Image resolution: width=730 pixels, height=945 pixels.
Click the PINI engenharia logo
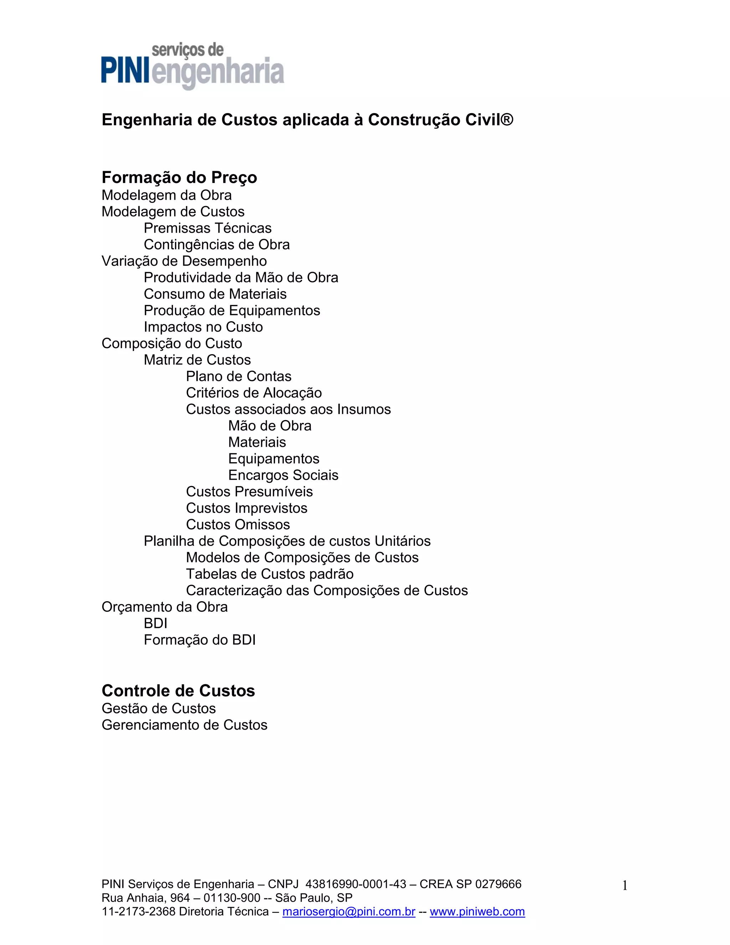[x=192, y=67]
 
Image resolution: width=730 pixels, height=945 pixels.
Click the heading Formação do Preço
[x=179, y=177]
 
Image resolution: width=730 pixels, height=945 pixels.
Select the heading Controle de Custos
[x=178, y=691]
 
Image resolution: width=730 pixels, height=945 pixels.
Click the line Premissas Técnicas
[x=207, y=228]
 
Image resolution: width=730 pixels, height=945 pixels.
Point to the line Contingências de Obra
[x=217, y=245]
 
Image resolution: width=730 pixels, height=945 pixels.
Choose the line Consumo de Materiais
[x=215, y=294]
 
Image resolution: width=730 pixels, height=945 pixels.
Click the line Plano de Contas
[x=239, y=377]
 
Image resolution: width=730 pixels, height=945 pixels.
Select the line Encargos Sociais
[x=283, y=475]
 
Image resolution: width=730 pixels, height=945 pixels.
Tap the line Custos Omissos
[x=238, y=525]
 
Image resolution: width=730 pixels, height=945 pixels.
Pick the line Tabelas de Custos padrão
[x=270, y=574]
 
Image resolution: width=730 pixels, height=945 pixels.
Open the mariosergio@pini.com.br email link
[x=349, y=912]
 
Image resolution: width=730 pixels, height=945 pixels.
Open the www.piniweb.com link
[x=477, y=912]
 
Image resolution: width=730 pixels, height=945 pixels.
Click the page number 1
[x=624, y=886]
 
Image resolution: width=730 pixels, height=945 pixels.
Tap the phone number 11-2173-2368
[x=138, y=912]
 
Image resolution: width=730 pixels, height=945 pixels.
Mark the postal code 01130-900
[x=232, y=898]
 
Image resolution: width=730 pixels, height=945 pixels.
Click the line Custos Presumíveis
[x=249, y=491]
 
